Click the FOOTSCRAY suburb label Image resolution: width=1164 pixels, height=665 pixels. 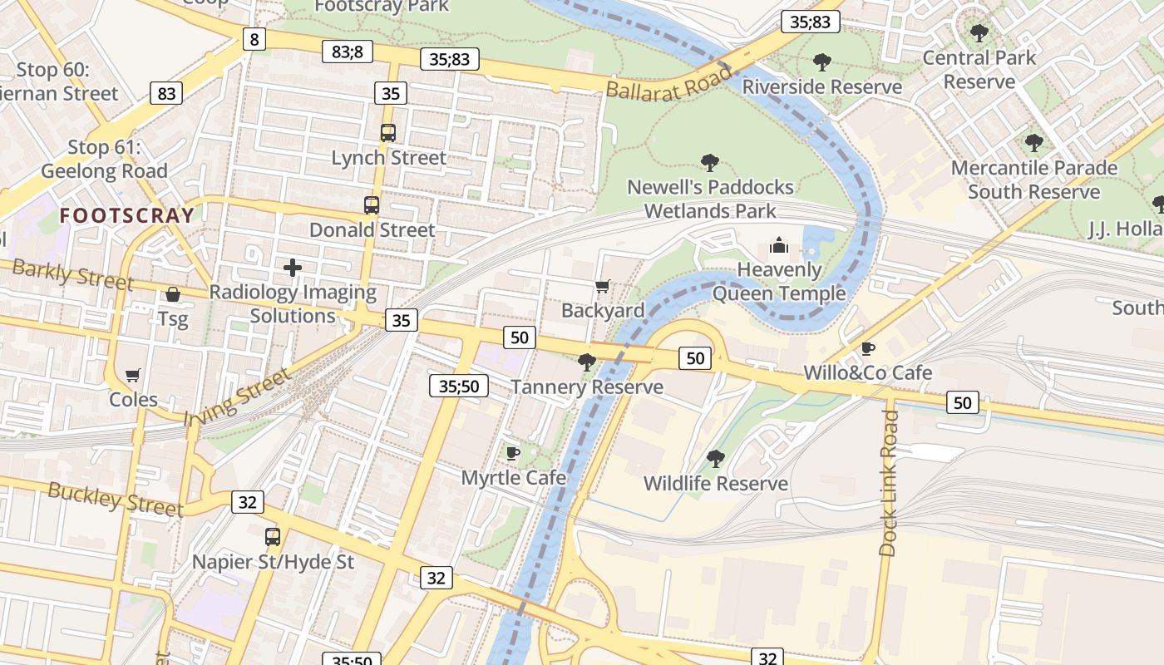(x=127, y=216)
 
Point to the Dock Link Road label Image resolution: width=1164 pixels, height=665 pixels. (x=889, y=482)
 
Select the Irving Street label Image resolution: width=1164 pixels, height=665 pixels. (x=238, y=397)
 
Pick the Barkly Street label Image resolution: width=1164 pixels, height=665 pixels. (x=72, y=274)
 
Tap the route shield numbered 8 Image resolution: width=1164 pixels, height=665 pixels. (x=254, y=38)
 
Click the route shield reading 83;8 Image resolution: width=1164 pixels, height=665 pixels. (x=348, y=52)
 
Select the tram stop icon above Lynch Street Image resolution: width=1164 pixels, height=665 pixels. (x=388, y=132)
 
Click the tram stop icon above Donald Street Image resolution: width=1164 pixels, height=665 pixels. (x=372, y=204)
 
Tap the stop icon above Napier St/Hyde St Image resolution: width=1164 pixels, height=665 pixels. (x=273, y=537)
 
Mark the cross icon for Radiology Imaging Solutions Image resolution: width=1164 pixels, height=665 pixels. (x=293, y=268)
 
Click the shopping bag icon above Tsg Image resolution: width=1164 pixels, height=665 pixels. (x=173, y=294)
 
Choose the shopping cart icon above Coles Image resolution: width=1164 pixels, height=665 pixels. (x=133, y=376)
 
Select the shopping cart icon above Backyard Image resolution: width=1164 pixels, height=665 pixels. (x=603, y=287)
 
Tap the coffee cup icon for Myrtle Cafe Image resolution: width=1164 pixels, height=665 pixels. (x=513, y=453)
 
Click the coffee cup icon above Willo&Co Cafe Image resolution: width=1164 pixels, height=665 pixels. (x=868, y=348)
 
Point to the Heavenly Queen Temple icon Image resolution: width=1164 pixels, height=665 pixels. (x=778, y=245)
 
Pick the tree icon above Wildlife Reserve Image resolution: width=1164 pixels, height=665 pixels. (x=715, y=459)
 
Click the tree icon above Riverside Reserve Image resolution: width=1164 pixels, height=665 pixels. (x=821, y=62)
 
